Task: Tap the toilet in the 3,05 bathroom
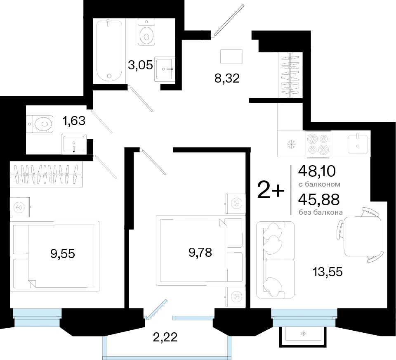pos(146,32)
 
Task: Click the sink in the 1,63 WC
pos(74,144)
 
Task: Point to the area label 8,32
pos(227,78)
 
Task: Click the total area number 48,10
pos(317,171)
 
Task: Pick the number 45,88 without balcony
pos(319,199)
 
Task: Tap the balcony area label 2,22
pos(165,337)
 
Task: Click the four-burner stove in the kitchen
pos(318,144)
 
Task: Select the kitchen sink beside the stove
pos(358,144)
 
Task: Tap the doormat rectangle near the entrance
pos(231,57)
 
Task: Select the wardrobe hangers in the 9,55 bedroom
pos(47,175)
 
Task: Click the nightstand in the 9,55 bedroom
pos(20,207)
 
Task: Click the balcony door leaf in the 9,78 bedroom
pos(157,309)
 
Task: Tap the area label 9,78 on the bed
pos(200,252)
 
